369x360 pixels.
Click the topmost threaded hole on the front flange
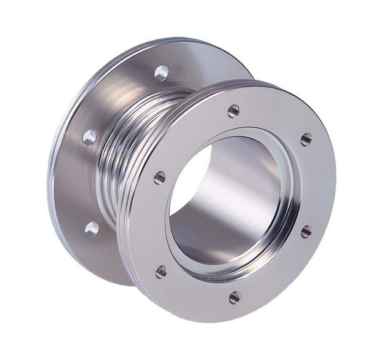pyautogui.click(x=233, y=111)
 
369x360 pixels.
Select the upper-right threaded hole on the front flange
pyautogui.click(x=306, y=139)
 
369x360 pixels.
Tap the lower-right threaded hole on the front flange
pyautogui.click(x=306, y=231)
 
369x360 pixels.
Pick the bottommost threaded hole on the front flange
pyautogui.click(x=234, y=298)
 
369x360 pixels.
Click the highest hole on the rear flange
pyautogui.click(x=162, y=72)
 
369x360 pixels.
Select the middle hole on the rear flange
pyautogui.click(x=90, y=136)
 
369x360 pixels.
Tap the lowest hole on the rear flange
pyautogui.click(x=92, y=229)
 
